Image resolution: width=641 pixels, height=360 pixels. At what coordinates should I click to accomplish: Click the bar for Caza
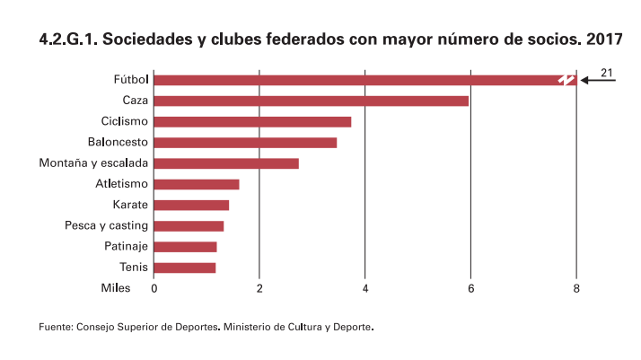312,101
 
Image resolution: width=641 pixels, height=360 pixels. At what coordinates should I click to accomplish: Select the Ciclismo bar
252,121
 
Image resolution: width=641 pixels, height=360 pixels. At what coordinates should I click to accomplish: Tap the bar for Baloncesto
245,142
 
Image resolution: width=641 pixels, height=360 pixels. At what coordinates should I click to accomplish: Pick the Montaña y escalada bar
226,163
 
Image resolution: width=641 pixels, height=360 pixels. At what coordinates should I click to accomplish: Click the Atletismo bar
197,184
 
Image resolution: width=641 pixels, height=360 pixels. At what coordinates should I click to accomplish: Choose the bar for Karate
191,205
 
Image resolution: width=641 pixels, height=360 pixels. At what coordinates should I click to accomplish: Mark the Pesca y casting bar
189,225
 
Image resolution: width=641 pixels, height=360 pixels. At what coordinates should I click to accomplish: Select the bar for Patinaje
185,247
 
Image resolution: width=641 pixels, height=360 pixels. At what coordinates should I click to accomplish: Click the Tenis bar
185,268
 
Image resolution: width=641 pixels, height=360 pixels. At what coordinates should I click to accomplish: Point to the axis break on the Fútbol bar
565,80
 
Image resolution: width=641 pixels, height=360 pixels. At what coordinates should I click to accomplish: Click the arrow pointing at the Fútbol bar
598,80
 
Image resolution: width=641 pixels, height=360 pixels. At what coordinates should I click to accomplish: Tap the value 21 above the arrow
606,71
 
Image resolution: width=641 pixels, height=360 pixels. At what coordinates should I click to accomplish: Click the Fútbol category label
131,80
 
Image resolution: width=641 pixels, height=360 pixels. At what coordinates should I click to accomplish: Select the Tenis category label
134,268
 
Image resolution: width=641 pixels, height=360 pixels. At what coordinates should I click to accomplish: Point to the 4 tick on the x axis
365,288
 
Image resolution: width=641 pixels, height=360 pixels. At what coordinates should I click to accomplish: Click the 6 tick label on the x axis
470,288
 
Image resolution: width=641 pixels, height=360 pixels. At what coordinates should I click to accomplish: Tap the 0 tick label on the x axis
154,288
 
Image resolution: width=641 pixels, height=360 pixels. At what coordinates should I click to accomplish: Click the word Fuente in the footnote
55,327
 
